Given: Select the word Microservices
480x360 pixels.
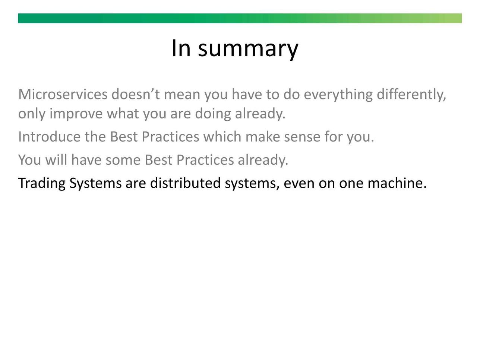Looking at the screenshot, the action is tap(63, 94).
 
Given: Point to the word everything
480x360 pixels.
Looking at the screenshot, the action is tap(338, 95).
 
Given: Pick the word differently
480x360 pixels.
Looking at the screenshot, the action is tap(411, 95).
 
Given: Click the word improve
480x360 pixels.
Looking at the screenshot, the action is tap(76, 114).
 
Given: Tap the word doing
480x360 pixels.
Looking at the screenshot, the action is tap(213, 114).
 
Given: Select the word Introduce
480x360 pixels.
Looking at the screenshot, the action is tap(50, 137).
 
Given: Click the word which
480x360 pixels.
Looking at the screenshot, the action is tap(222, 137).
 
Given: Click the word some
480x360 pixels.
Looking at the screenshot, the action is tap(123, 161).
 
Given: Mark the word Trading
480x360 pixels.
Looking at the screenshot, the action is tap(42, 183).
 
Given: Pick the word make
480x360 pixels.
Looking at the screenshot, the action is tap(263, 137).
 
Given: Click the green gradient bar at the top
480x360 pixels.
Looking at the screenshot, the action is tap(240, 18).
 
